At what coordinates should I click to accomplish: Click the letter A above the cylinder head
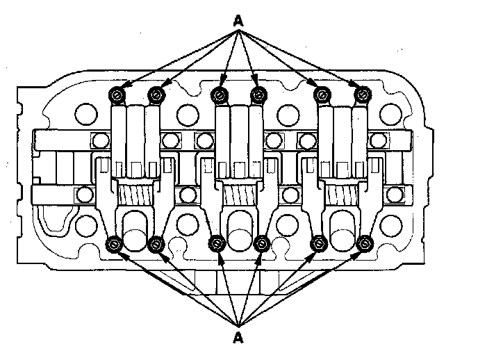tap(238, 20)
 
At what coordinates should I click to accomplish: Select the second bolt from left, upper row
tap(156, 94)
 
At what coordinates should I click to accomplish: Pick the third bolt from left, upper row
tap(220, 94)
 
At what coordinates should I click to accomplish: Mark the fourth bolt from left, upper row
tap(258, 94)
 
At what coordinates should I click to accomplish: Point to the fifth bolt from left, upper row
tap(321, 94)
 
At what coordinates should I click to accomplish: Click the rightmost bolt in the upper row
tap(361, 94)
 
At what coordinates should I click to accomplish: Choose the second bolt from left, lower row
tap(156, 244)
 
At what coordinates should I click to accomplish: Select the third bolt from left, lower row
tap(217, 244)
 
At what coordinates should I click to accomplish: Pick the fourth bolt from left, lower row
tap(262, 244)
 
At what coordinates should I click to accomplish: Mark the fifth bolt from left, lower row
tap(320, 244)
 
